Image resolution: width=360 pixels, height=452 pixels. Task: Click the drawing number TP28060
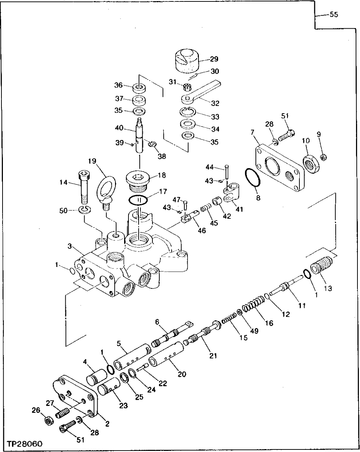pos(24,444)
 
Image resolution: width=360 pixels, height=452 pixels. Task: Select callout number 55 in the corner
pos(333,15)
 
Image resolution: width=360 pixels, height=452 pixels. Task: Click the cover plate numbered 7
pos(279,168)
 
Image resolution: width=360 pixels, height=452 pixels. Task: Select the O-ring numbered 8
pos(252,178)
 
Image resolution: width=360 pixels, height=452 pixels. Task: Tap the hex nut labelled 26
pos(48,422)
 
